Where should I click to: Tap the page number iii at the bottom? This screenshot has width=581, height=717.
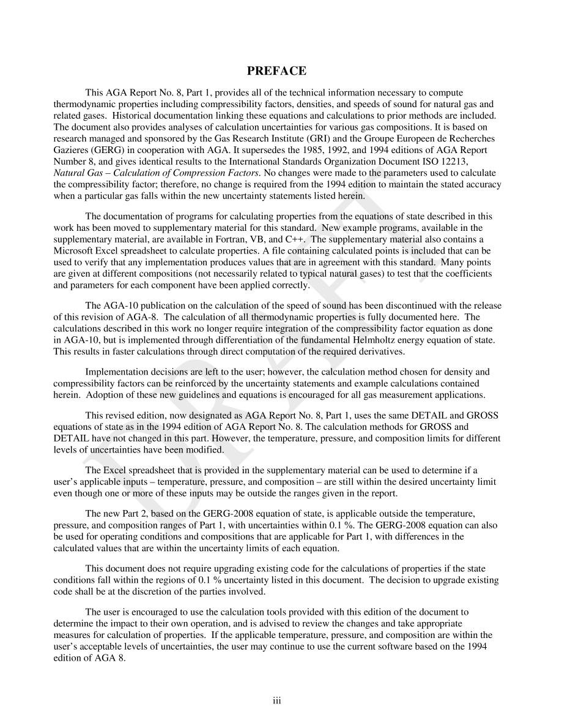point(276,701)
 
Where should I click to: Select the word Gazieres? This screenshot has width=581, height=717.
point(72,151)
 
